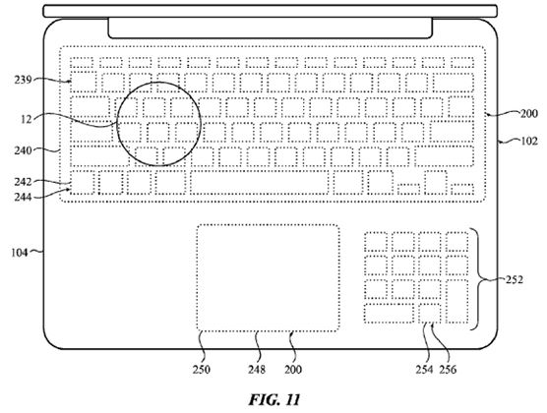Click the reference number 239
[x=23, y=80]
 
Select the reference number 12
[x=27, y=119]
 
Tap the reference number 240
[x=23, y=150]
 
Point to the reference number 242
[x=23, y=182]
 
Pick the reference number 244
[x=23, y=197]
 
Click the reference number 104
[x=20, y=252]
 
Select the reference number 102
[x=529, y=142]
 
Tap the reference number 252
[x=515, y=279]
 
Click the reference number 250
[x=202, y=370]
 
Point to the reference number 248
[x=257, y=370]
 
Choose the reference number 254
[x=424, y=370]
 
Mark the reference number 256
[x=448, y=370]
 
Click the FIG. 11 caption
[x=274, y=400]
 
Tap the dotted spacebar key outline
[x=260, y=182]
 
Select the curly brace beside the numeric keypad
[x=477, y=279]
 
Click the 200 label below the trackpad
[x=293, y=370]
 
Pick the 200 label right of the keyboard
[x=529, y=114]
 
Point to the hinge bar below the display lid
[x=271, y=28]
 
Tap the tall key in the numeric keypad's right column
[x=457, y=301]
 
